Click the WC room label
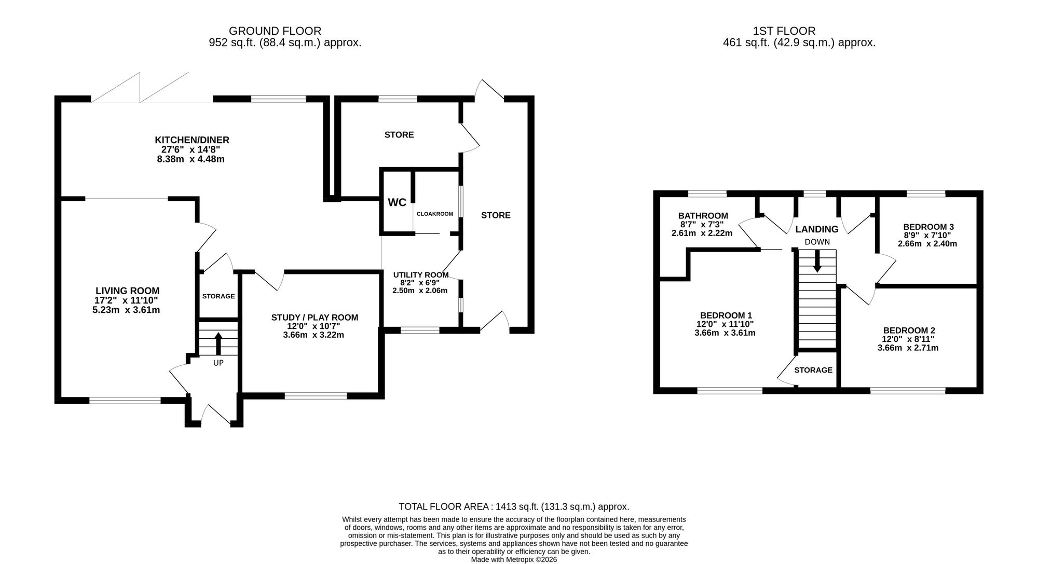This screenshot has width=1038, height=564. [397, 202]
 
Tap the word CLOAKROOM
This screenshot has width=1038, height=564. [435, 214]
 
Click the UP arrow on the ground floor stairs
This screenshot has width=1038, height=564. [218, 343]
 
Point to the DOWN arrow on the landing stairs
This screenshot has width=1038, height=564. [817, 261]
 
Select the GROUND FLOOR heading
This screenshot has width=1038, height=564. [275, 31]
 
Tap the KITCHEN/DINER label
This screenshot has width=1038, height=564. [192, 140]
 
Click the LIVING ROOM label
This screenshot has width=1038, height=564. [127, 291]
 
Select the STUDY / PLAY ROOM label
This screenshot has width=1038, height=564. [315, 318]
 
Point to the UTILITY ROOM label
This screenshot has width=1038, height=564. [421, 275]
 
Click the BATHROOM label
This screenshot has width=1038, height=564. [703, 216]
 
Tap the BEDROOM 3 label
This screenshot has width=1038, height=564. [928, 227]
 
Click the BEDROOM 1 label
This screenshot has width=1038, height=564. [726, 315]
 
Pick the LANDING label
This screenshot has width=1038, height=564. [817, 229]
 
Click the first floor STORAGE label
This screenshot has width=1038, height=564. [813, 370]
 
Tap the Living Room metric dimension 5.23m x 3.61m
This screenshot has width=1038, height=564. [122, 310]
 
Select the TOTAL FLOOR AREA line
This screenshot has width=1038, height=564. [514, 506]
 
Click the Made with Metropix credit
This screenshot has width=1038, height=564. [514, 560]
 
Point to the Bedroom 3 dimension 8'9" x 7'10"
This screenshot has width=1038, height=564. [927, 235]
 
